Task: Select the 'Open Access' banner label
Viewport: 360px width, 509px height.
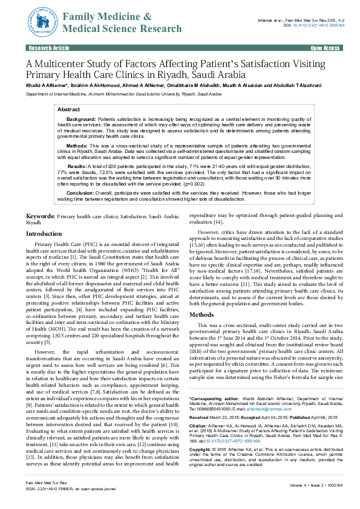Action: coord(325,47)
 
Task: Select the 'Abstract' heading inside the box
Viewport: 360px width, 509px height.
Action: coord(68,109)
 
